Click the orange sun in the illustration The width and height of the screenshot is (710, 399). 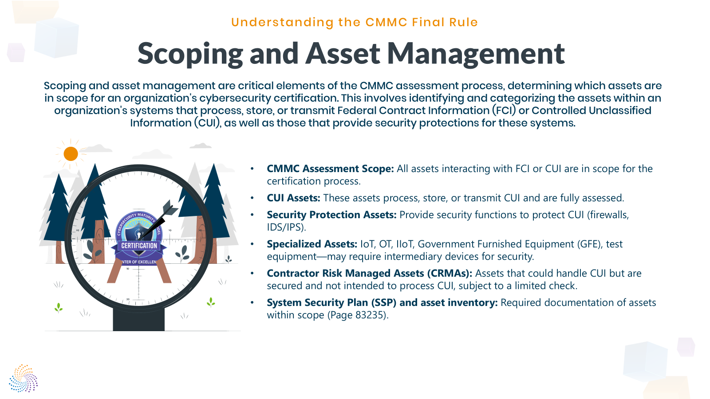click(71, 154)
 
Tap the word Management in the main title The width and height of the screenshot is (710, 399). click(476, 54)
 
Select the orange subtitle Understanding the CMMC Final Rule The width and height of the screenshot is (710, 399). click(354, 22)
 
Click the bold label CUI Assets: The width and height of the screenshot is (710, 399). click(293, 198)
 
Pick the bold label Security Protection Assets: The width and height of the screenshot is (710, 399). click(331, 215)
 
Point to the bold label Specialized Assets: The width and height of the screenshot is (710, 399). click(312, 244)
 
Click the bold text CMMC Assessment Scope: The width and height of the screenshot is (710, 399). click(330, 169)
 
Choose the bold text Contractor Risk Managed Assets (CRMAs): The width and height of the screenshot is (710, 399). click(369, 274)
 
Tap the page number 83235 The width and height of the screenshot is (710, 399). click(370, 315)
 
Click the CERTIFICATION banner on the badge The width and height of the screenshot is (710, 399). click(139, 246)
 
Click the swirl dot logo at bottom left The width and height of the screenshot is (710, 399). click(24, 378)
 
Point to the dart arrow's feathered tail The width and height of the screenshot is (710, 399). click(170, 208)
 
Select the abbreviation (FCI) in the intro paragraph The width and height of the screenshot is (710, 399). click(504, 110)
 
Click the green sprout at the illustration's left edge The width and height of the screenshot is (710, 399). click(59, 307)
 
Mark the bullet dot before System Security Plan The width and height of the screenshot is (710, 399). click(252, 303)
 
